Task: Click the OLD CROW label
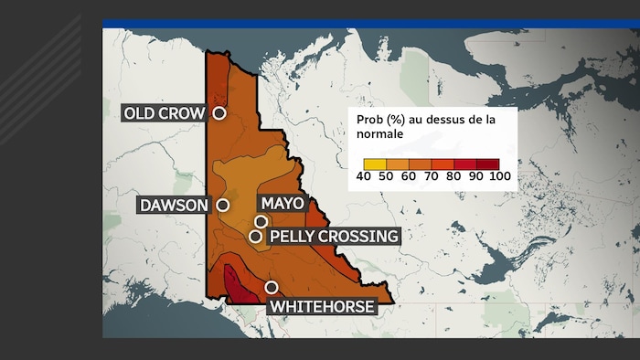pyautogui.click(x=165, y=113)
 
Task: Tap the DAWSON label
pyautogui.click(x=174, y=206)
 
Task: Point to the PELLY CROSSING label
pyautogui.click(x=334, y=237)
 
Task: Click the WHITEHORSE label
pyautogui.click(x=321, y=307)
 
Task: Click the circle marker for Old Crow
pyautogui.click(x=219, y=113)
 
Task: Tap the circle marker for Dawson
pyautogui.click(x=222, y=206)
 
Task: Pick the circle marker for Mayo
pyautogui.click(x=261, y=221)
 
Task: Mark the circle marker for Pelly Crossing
pyautogui.click(x=255, y=237)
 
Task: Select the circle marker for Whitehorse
pyautogui.click(x=272, y=288)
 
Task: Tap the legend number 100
pyautogui.click(x=500, y=175)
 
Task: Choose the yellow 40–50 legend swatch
pyautogui.click(x=363, y=164)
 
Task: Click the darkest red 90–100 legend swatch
pyautogui.click(x=488, y=164)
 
